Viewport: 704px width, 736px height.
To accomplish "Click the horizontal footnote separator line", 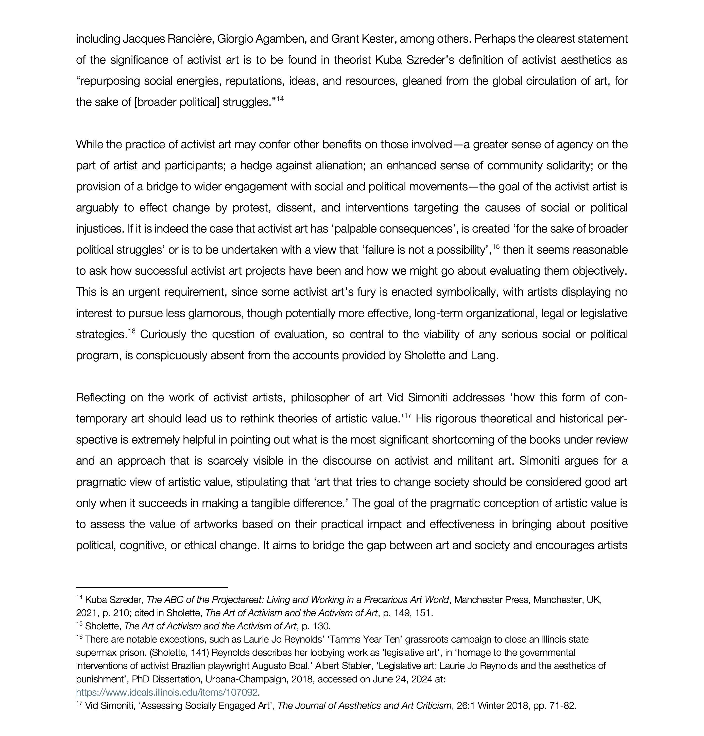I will [152, 587].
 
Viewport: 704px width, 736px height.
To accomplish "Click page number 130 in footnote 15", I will [322, 626].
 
